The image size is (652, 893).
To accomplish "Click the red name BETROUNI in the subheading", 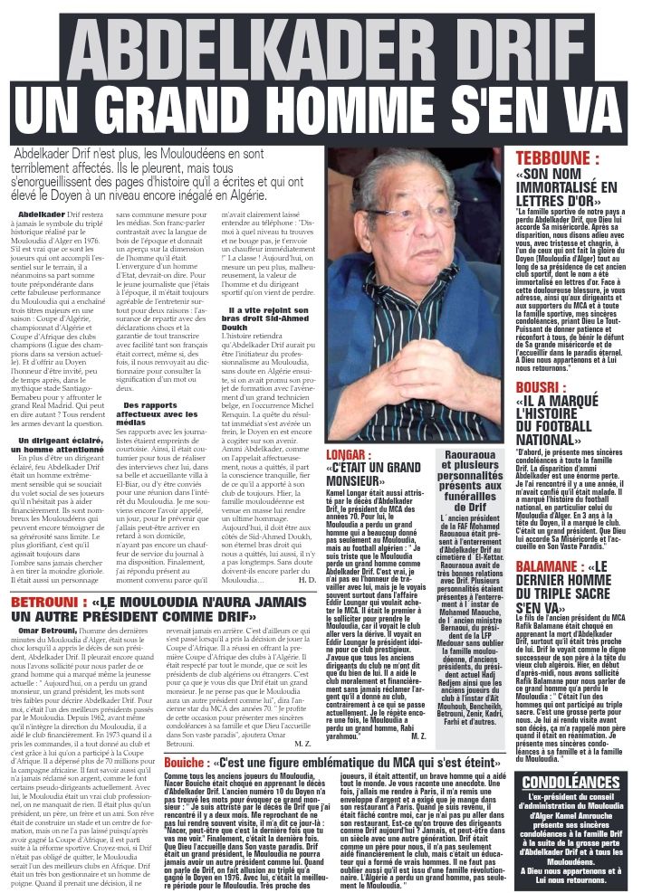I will [x=42, y=601].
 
